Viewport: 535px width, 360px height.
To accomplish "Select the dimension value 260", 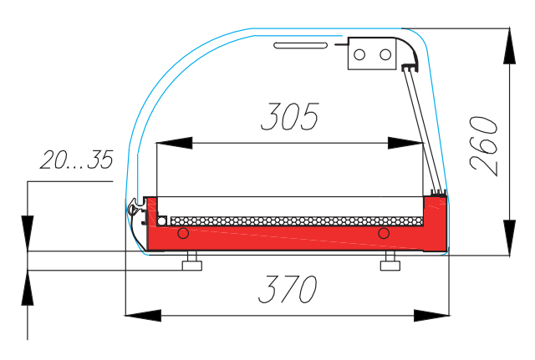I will tap(484, 145).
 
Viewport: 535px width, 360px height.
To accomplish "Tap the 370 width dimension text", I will tap(287, 289).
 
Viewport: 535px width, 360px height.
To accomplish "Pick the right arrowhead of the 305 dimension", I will tap(405, 143).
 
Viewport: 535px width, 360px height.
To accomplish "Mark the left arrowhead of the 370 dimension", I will tap(142, 315).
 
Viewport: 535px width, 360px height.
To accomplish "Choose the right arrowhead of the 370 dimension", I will tap(430, 315).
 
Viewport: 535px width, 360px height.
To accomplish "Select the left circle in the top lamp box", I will tap(360, 55).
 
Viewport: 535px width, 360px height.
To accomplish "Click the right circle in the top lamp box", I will tap(385, 55).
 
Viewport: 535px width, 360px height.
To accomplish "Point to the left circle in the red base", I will tap(184, 231).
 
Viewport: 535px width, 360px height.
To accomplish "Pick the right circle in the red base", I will tap(384, 231).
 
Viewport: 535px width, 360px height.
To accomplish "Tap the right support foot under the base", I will tap(390, 264).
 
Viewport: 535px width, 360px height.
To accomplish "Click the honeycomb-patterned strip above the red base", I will tap(293, 221).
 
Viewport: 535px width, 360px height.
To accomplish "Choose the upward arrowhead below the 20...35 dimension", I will tap(28, 288).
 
